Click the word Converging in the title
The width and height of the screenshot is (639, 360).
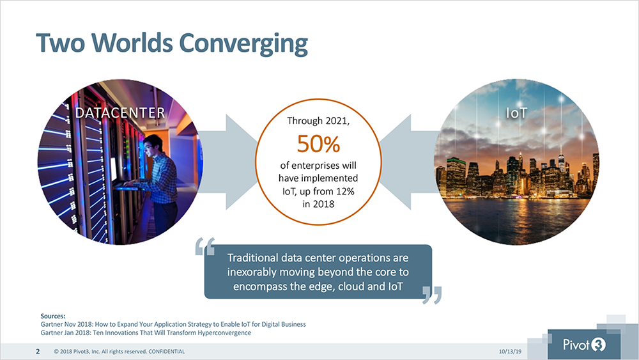[243, 43]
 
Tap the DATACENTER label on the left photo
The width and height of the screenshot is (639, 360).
[120, 113]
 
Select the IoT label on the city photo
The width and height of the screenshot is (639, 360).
[516, 113]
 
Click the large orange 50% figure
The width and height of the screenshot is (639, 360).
[318, 143]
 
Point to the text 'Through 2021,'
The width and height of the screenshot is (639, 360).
[318, 121]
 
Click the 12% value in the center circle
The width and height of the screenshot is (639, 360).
[344, 191]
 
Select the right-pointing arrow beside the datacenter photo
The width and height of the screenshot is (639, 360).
[228, 162]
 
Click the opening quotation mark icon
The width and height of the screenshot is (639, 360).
[204, 246]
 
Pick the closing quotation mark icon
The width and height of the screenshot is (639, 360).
[431, 295]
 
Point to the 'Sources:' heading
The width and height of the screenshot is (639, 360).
[53, 316]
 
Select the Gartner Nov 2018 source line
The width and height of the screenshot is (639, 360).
[173, 325]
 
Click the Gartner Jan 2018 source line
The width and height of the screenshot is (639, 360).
[146, 333]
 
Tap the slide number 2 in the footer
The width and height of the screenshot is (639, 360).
[38, 352]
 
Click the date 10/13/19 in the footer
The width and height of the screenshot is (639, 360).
[510, 352]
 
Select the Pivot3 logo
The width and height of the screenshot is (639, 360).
[584, 345]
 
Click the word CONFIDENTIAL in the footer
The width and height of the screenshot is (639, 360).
[166, 352]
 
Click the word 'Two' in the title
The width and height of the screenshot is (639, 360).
[61, 43]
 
